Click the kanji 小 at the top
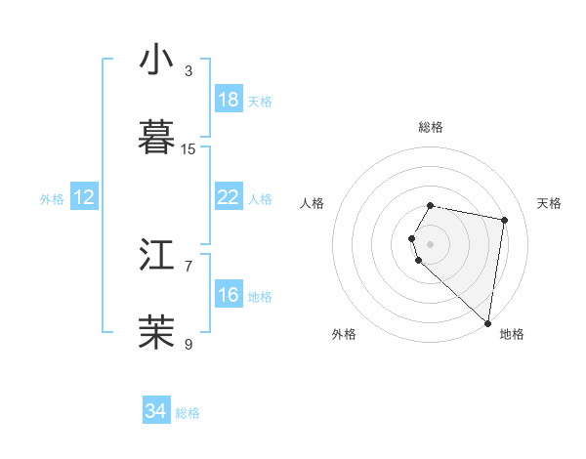click(156, 60)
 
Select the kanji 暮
click(156, 138)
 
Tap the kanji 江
click(156, 255)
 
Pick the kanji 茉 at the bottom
click(156, 333)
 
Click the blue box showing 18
click(229, 100)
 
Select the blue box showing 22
click(229, 197)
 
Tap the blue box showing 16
click(229, 295)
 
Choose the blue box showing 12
click(84, 197)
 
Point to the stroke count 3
click(188, 71)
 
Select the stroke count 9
click(188, 344)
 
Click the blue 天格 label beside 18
click(260, 101)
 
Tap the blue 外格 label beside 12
click(52, 198)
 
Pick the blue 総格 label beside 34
click(188, 412)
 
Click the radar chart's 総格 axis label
click(431, 127)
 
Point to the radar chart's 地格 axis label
click(512, 334)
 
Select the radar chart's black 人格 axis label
click(313, 203)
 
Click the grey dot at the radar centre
click(431, 242)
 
